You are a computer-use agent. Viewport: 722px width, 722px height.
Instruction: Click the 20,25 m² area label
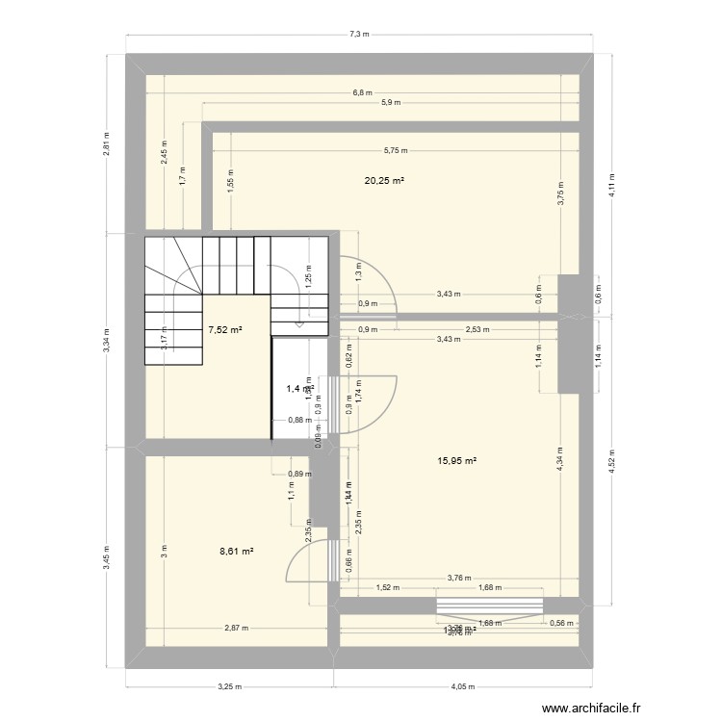(383, 180)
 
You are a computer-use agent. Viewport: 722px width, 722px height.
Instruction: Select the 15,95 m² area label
(457, 461)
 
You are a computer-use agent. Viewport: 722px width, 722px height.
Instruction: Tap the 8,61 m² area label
(236, 552)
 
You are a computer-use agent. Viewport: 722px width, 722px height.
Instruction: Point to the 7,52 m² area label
(224, 329)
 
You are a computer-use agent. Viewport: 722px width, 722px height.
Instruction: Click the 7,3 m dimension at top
(359, 35)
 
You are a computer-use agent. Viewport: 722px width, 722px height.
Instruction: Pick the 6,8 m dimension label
(362, 93)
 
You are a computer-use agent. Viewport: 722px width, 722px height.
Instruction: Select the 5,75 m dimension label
(396, 150)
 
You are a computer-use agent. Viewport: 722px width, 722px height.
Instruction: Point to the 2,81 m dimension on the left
(107, 142)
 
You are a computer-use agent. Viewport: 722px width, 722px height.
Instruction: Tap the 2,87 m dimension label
(236, 629)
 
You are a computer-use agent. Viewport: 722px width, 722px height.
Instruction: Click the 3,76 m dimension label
(459, 578)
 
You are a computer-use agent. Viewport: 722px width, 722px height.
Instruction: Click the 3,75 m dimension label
(559, 193)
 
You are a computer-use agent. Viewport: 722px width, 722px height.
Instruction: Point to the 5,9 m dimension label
(390, 103)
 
